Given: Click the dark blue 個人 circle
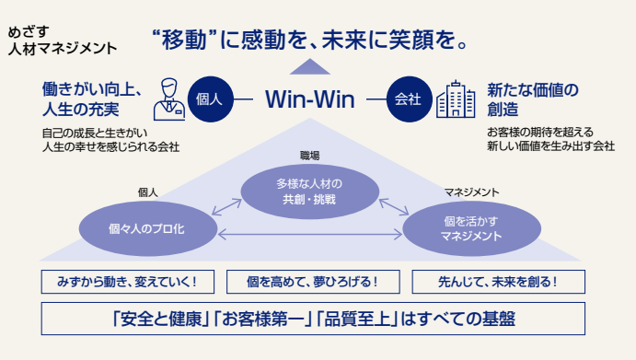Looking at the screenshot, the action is [211, 99].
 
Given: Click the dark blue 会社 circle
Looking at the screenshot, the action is [410, 99].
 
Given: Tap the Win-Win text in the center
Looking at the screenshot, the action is [310, 99].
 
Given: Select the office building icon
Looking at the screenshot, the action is [456, 99].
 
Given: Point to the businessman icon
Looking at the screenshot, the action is [169, 99].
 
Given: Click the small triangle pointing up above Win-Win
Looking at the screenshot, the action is [310, 66].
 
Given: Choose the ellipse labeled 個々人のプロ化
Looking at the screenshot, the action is [147, 228].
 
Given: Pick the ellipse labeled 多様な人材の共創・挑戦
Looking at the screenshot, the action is [310, 192].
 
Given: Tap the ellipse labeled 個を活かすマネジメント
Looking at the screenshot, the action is [472, 228].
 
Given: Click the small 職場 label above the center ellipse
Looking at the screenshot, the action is [310, 156].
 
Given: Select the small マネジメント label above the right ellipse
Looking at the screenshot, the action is [472, 192].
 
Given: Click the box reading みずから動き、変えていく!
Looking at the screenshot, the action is [128, 282].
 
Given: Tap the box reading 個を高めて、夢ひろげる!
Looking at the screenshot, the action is [313, 282].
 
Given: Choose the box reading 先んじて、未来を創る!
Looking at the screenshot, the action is [499, 282].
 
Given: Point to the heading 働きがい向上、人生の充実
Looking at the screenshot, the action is [92, 99].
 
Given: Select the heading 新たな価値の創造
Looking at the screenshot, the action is [533, 99].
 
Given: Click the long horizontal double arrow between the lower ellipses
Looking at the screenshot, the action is [310, 234].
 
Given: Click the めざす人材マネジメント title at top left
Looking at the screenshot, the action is [62, 41].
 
